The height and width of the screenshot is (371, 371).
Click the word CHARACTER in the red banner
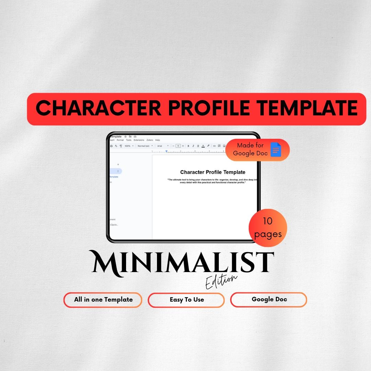[98, 108]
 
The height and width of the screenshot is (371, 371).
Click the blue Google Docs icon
[276, 150]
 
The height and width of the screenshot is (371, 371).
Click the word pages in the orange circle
[268, 235]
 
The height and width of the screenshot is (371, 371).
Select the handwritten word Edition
[221, 281]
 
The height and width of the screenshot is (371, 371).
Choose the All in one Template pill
[103, 300]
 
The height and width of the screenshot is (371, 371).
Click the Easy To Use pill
[187, 300]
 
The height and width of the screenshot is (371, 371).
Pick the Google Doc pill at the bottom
[269, 299]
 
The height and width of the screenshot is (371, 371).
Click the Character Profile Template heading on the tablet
[213, 172]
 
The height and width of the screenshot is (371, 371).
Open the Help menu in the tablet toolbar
[158, 140]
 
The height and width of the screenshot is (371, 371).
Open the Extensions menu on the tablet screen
[139, 140]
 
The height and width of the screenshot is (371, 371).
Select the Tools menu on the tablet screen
[128, 140]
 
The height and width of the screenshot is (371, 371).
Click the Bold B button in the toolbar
[188, 146]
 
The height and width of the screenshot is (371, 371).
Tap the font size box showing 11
[178, 146]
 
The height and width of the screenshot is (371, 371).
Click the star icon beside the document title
[125, 137]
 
